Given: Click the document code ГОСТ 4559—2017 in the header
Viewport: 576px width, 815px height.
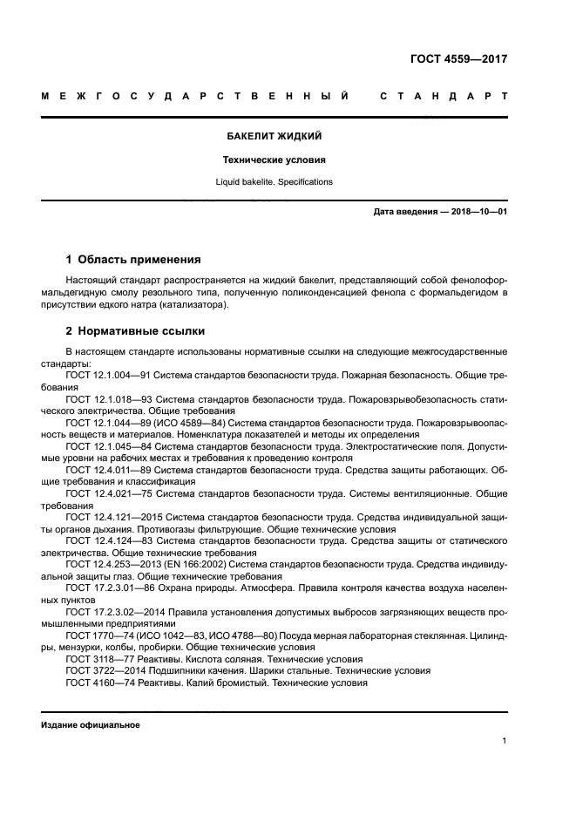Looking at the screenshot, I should pyautogui.click(x=458, y=59).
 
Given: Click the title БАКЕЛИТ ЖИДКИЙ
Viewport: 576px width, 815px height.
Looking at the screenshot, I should pyautogui.click(x=274, y=137).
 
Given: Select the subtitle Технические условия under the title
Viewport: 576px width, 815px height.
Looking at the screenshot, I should pyautogui.click(x=274, y=160).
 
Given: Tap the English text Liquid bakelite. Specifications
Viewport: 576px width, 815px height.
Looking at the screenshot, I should pyautogui.click(x=274, y=182).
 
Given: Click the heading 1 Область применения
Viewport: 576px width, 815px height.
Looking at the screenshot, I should pyautogui.click(x=133, y=260).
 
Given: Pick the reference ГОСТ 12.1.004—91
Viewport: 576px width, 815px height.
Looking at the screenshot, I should pyautogui.click(x=108, y=374).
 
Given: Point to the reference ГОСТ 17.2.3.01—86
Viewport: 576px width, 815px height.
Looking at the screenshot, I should pyautogui.click(x=110, y=589).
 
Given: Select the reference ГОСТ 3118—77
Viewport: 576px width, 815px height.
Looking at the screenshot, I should pyautogui.click(x=98, y=660).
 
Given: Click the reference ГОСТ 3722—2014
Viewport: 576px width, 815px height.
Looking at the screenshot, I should pyautogui.click(x=100, y=672).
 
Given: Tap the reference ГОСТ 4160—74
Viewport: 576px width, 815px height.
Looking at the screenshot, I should pyautogui.click(x=98, y=684).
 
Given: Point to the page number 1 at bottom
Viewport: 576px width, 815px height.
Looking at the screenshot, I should pyautogui.click(x=505, y=741).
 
